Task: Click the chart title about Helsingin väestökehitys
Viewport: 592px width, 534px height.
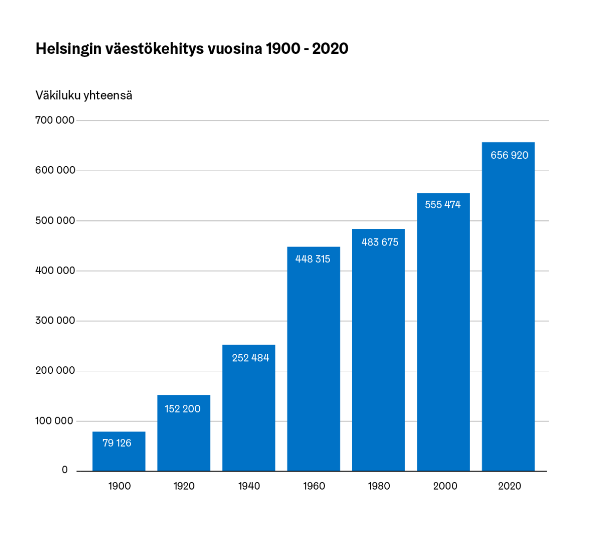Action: click(192, 49)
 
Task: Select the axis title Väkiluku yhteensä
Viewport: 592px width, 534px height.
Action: click(84, 95)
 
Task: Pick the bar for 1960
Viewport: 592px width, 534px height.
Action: click(314, 365)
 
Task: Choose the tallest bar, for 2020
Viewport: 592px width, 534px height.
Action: click(508, 316)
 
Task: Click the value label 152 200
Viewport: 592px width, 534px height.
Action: click(183, 409)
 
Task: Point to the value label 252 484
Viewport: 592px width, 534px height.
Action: click(251, 358)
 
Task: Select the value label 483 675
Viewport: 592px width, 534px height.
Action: click(380, 242)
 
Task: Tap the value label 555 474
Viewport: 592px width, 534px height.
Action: click(443, 205)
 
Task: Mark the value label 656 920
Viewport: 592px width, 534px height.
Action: click(509, 155)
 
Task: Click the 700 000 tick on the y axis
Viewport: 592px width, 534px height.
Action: click(55, 120)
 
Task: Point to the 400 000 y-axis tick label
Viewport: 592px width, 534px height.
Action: click(55, 271)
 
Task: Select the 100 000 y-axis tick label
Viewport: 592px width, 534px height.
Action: click(55, 421)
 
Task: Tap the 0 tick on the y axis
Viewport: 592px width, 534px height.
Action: click(65, 470)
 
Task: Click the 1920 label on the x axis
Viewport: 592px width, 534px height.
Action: click(184, 486)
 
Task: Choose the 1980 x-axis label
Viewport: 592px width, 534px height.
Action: click(379, 486)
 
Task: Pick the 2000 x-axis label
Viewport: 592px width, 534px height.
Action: click(445, 486)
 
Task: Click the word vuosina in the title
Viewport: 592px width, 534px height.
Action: click(234, 49)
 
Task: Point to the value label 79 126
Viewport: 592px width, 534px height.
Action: click(117, 443)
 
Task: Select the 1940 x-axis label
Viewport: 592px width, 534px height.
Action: click(249, 486)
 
